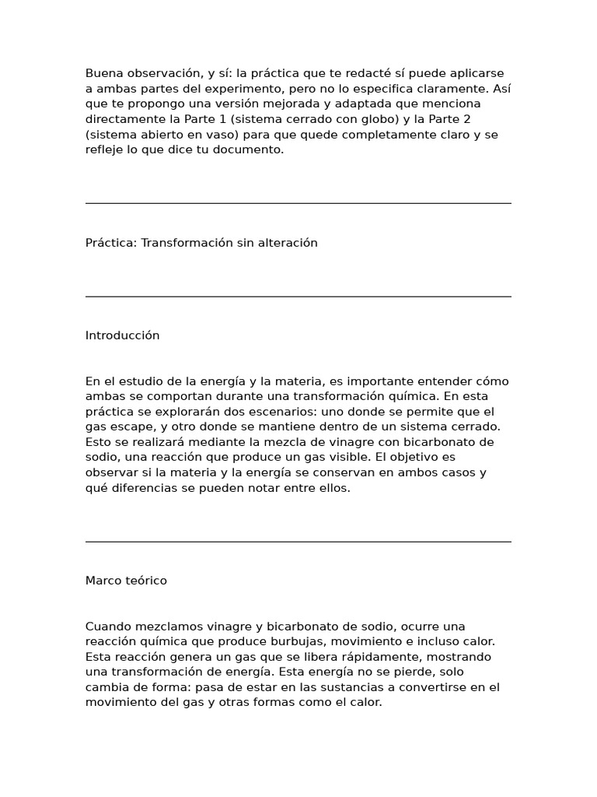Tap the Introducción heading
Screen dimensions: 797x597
[x=122, y=335]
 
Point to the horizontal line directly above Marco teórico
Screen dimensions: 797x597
[x=298, y=542]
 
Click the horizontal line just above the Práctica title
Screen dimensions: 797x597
[x=298, y=203]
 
